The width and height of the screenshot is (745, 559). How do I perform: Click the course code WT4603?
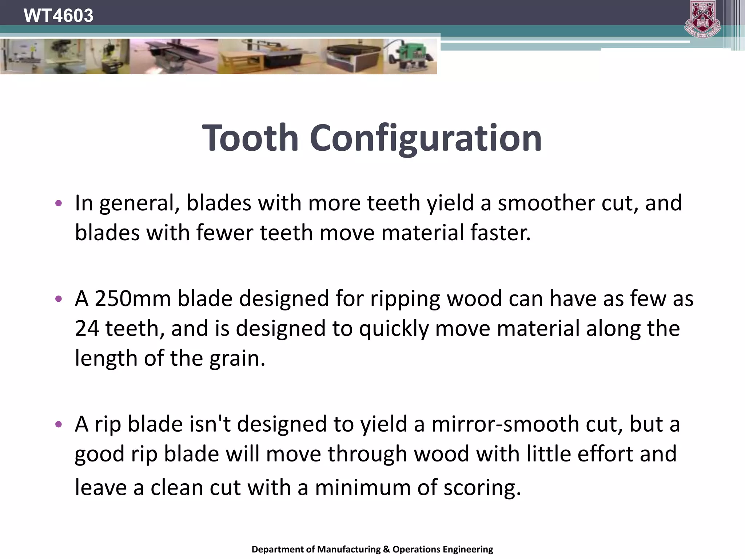(x=58, y=16)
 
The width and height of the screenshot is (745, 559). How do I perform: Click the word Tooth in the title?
(x=250, y=138)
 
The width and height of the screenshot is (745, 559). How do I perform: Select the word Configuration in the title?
(x=426, y=139)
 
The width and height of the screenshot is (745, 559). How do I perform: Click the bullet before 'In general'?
(x=59, y=203)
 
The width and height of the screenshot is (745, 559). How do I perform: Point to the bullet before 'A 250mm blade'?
(x=59, y=299)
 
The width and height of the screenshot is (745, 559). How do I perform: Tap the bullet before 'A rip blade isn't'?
(x=59, y=424)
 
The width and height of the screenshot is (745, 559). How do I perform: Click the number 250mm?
(x=132, y=298)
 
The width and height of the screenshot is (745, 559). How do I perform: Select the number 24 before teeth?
(x=87, y=328)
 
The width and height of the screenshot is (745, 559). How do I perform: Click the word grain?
(x=237, y=358)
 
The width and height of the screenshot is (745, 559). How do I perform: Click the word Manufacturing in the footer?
(x=349, y=549)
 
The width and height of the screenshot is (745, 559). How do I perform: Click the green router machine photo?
(x=411, y=56)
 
